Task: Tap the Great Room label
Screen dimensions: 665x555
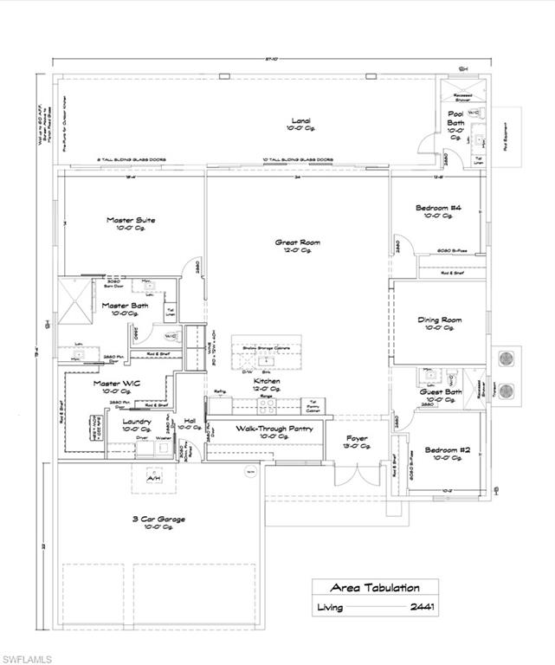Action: point(298,243)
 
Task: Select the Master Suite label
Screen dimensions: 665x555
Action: point(131,221)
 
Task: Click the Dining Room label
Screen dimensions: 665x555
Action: point(440,320)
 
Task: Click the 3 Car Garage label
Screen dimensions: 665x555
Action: point(159,520)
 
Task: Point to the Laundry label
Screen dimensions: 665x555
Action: point(137,422)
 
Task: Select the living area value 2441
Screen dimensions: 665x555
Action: point(422,607)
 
